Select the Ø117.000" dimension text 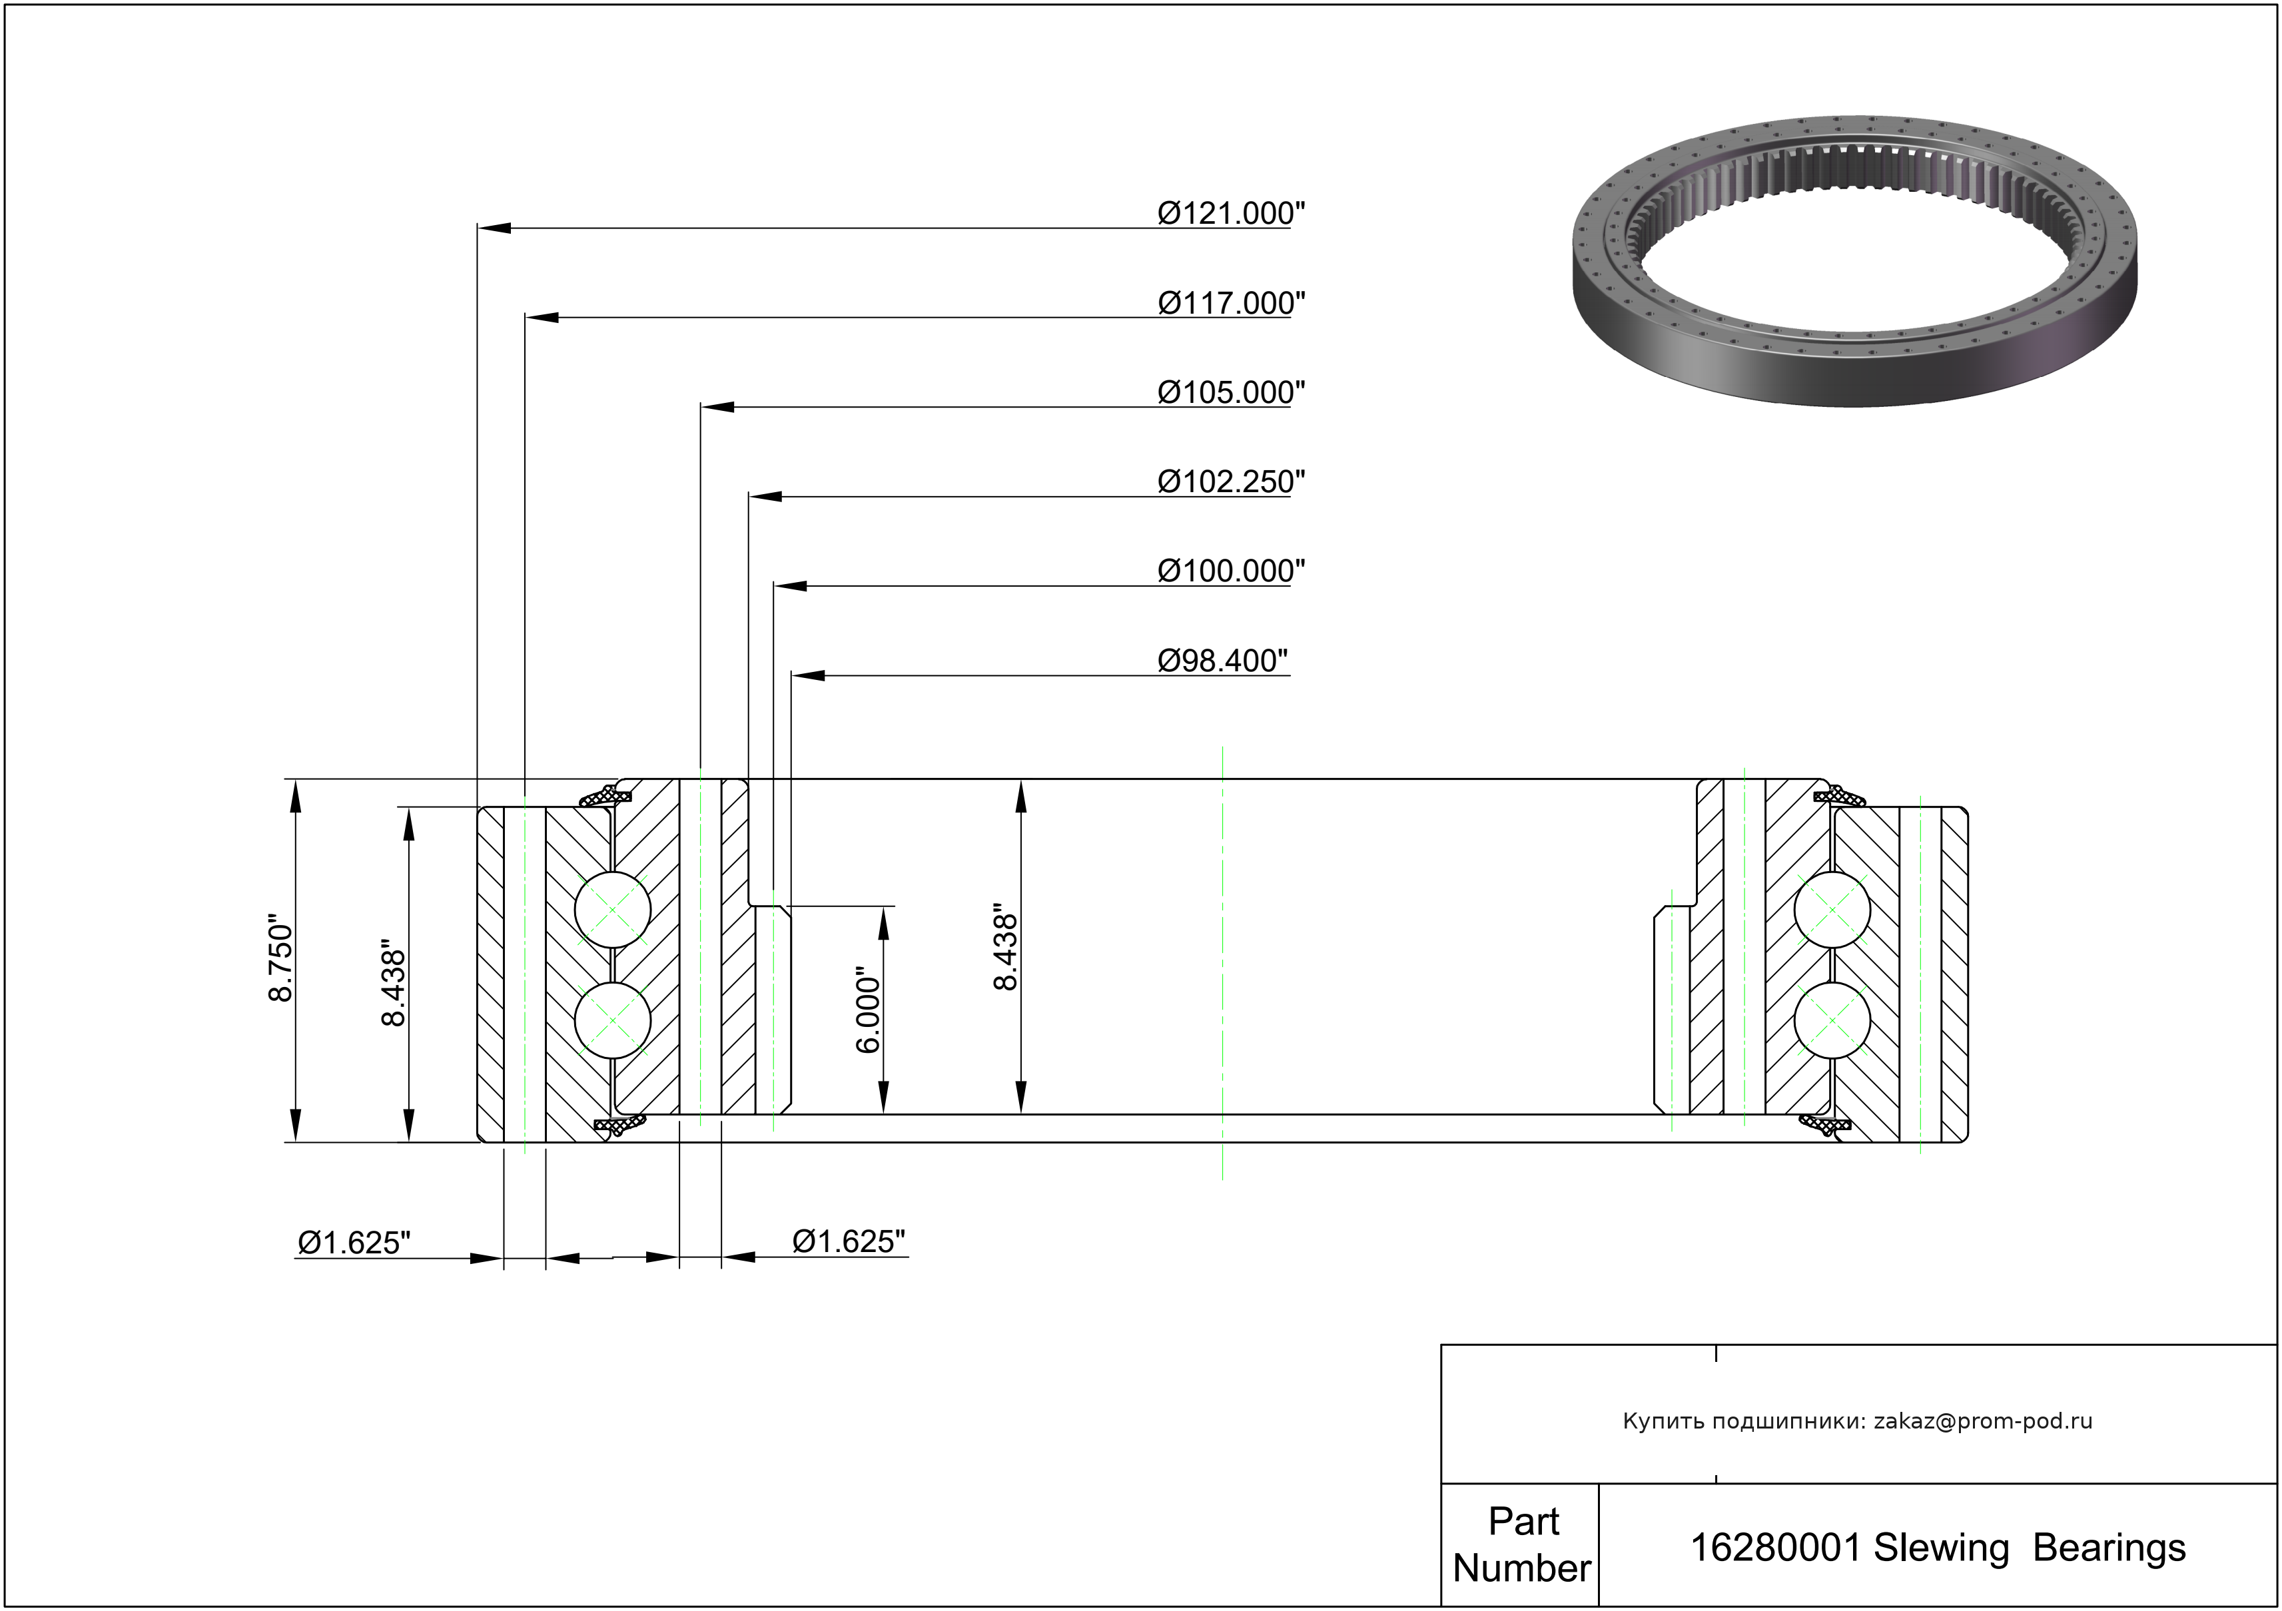(x=1230, y=302)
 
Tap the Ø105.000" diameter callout (x=1230, y=392)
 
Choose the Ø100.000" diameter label (x=1230, y=571)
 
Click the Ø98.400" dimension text (x=1222, y=660)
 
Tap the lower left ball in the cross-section (x=613, y=1021)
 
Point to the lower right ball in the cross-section (x=1832, y=1021)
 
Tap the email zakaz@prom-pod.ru (x=1983, y=1421)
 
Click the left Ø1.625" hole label (x=354, y=1242)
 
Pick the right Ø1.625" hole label (x=849, y=1241)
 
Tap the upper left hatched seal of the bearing (x=604, y=796)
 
